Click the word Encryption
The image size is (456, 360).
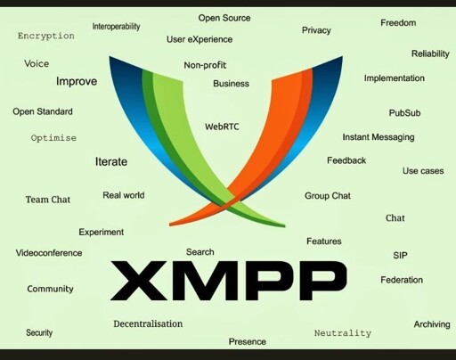pyautogui.click(x=46, y=36)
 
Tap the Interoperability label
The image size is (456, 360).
pyautogui.click(x=116, y=27)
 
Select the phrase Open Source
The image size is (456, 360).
pyautogui.click(x=224, y=18)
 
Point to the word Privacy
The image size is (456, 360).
pyautogui.click(x=316, y=30)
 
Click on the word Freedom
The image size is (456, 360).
pyautogui.click(x=398, y=23)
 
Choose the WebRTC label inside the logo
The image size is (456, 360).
pyautogui.click(x=222, y=127)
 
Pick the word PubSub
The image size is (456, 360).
pyautogui.click(x=404, y=113)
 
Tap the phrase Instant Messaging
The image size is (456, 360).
pyautogui.click(x=379, y=137)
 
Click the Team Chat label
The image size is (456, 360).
pyautogui.click(x=48, y=200)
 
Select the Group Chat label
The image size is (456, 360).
pyautogui.click(x=328, y=196)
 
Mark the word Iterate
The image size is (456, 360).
pyautogui.click(x=111, y=161)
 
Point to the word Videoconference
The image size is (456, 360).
pyautogui.click(x=49, y=253)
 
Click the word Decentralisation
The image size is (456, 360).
pyautogui.click(x=148, y=323)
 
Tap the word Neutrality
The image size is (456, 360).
pyautogui.click(x=343, y=333)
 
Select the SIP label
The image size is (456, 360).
pyautogui.click(x=400, y=256)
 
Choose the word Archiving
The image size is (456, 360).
pyautogui.click(x=432, y=324)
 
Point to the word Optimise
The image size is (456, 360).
pyautogui.click(x=53, y=138)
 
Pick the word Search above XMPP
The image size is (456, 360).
pyautogui.click(x=199, y=252)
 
